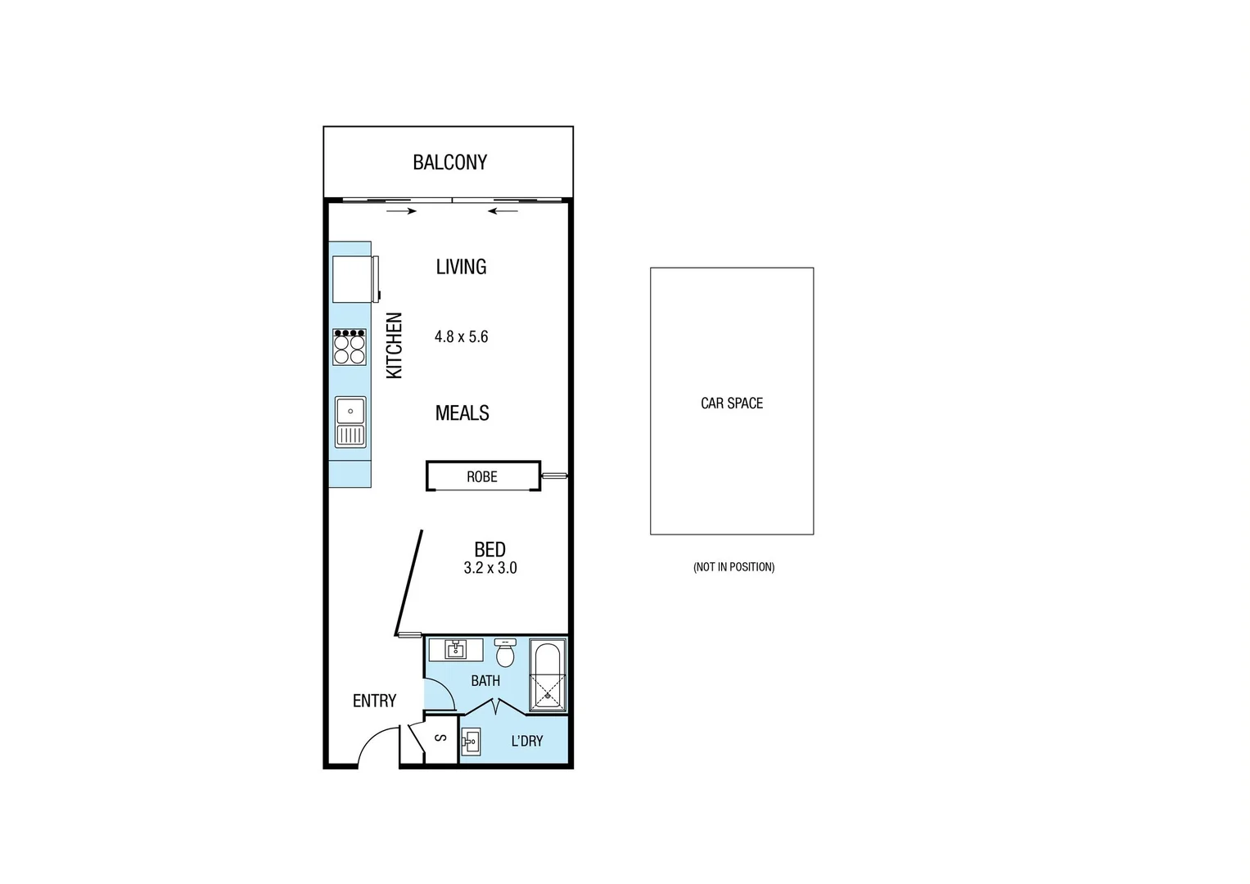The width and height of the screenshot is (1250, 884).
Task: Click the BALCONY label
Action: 449,162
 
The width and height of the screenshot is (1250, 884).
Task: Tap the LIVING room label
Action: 461,267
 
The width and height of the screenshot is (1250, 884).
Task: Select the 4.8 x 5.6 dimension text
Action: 461,336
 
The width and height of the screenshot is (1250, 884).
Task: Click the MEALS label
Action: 462,413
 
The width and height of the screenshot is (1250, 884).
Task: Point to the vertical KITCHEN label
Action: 395,345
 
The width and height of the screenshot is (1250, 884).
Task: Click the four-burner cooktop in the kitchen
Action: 350,347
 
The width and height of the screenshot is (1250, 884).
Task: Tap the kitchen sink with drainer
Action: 350,422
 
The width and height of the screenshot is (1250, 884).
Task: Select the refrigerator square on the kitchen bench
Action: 354,279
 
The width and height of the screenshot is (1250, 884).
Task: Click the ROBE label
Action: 481,476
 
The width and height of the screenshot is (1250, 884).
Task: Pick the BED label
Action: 490,549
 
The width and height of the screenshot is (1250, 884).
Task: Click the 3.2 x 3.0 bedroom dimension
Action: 490,568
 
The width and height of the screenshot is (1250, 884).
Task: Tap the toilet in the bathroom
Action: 505,653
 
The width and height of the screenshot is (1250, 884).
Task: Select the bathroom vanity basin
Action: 456,650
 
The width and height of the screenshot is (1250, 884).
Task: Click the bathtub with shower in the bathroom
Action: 547,675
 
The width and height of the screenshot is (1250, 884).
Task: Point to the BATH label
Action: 485,680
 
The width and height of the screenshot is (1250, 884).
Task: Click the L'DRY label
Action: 526,741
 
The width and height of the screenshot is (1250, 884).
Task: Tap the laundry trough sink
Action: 471,743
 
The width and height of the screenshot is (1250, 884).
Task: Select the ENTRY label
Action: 374,701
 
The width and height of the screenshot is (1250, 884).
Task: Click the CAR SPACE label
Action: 732,403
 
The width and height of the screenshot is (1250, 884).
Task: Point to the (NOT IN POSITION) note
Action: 733,566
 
